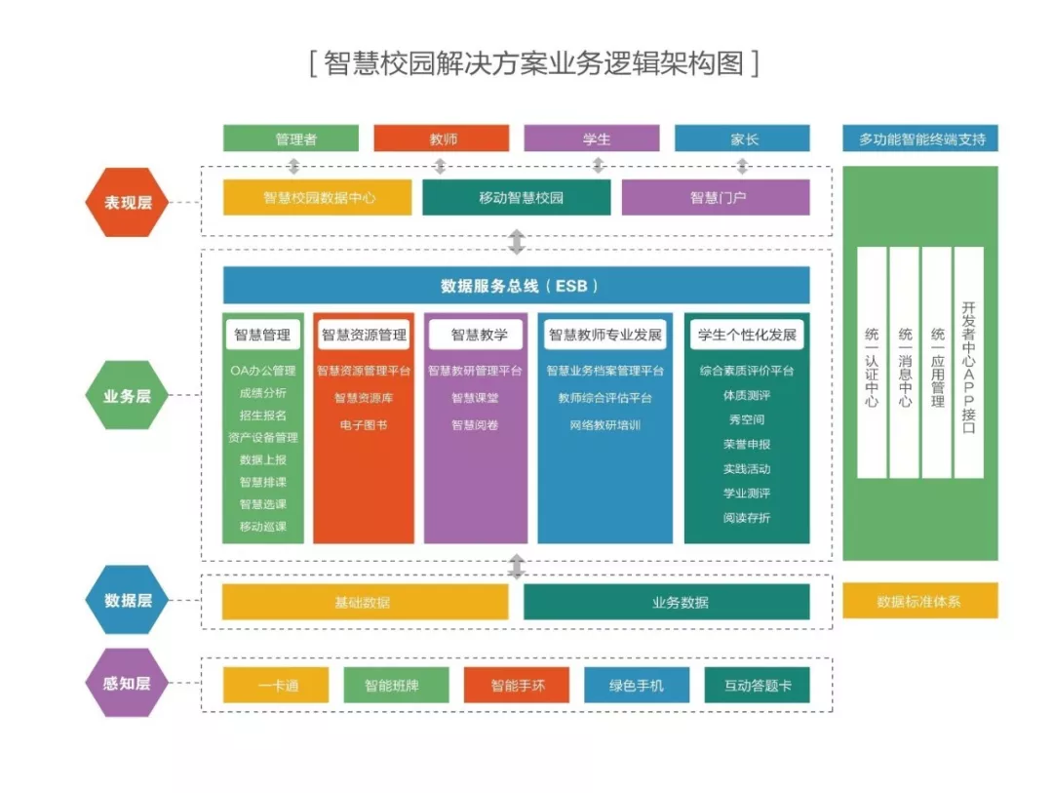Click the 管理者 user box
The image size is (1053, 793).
291,139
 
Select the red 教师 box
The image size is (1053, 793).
442,139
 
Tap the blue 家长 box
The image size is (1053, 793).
742,139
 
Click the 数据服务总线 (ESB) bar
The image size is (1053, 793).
516,286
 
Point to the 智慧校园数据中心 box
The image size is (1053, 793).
318,197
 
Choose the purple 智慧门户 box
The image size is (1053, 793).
716,197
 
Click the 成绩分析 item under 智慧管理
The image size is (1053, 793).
262,393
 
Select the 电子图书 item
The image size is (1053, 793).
364,425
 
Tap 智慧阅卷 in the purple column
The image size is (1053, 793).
475,425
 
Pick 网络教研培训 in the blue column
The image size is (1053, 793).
604,425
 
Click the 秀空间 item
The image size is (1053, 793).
746,419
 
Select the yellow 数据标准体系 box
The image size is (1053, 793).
919,601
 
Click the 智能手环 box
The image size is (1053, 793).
517,686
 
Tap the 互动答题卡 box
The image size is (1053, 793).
758,686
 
